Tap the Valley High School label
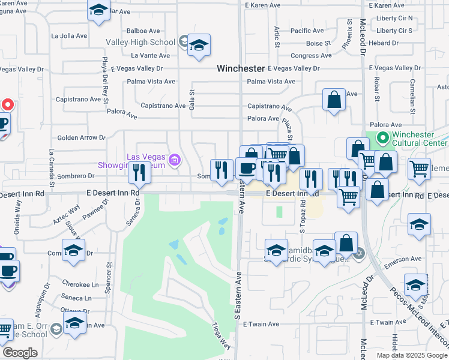coord(140,42)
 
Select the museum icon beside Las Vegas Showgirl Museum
coord(175,160)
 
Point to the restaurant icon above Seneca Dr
coord(139,172)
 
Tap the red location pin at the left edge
coord(7,104)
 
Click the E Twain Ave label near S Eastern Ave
coord(261,324)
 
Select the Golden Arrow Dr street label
coord(81,137)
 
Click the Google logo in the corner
coord(20,353)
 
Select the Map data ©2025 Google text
coord(412,355)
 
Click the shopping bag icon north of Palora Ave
coord(334,100)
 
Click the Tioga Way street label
coord(221,336)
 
